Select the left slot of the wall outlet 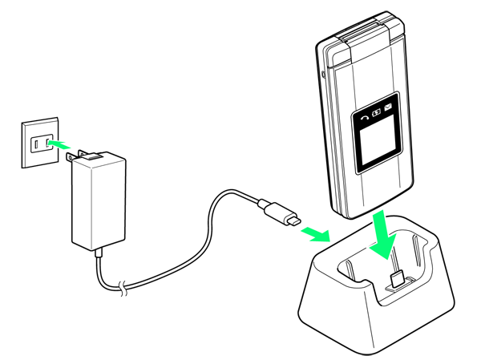pos(34,145)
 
